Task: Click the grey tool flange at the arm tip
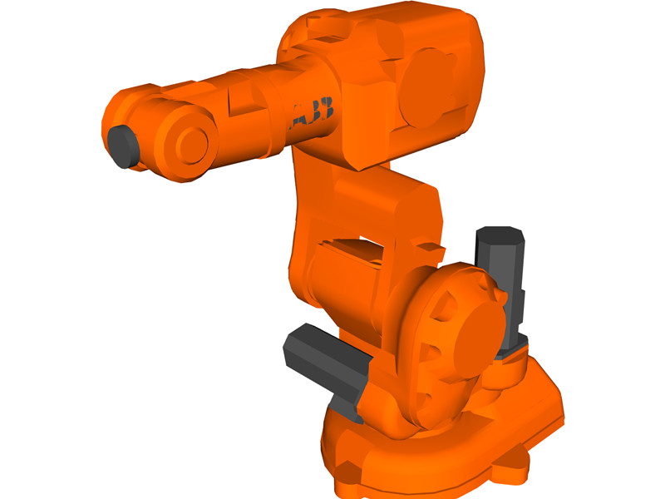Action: click(x=122, y=146)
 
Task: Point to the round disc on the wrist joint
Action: click(x=190, y=144)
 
